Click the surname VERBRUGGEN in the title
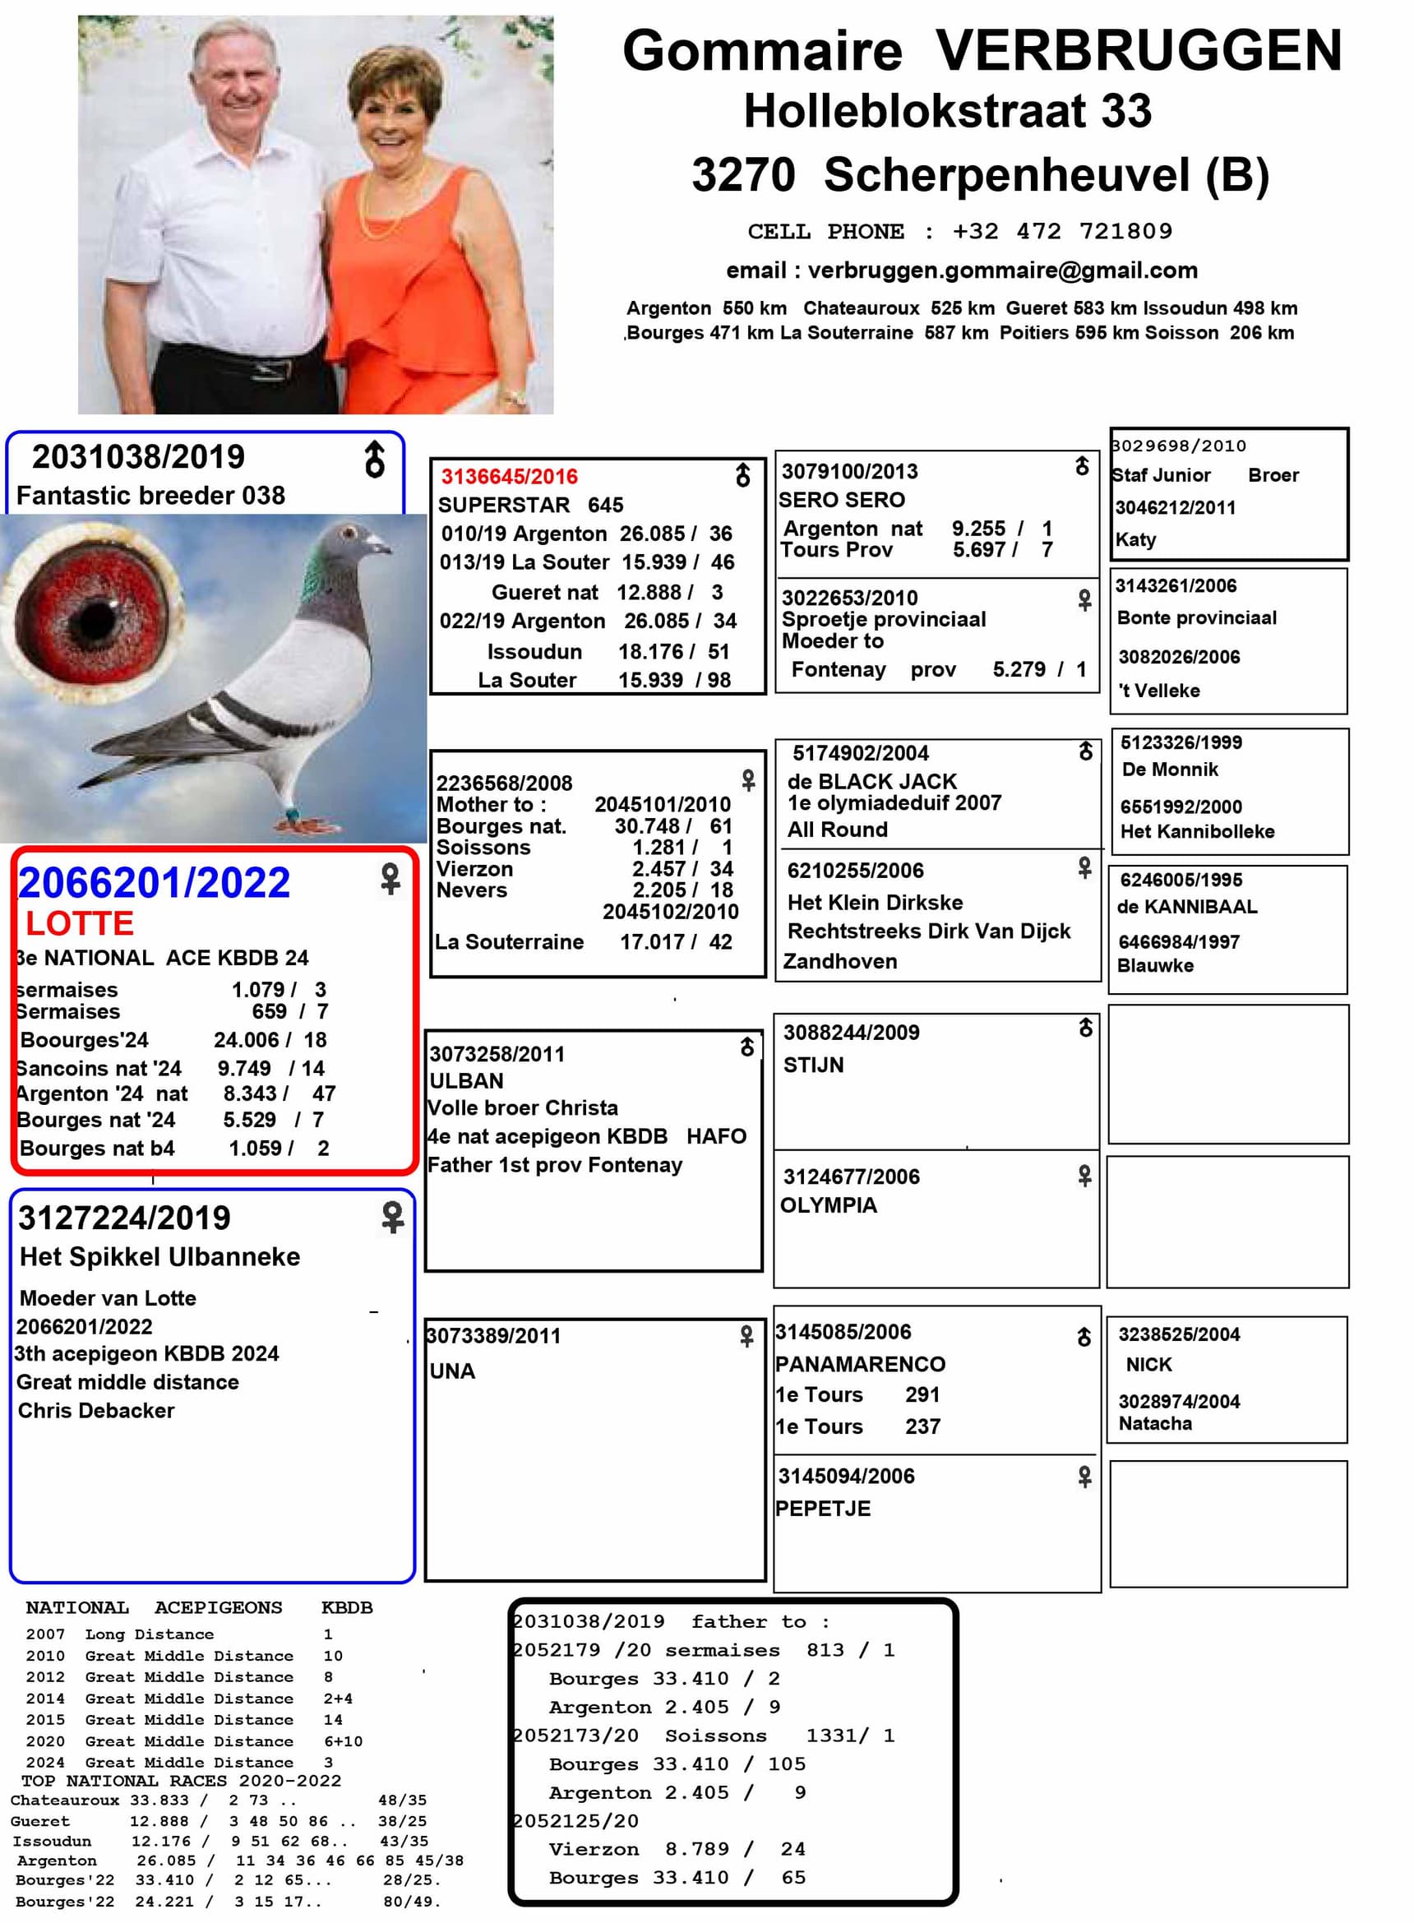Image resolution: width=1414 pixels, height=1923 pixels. (x=1138, y=51)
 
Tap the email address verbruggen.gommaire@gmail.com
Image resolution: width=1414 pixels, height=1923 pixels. (x=1002, y=270)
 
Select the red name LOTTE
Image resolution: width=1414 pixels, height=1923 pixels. (x=80, y=923)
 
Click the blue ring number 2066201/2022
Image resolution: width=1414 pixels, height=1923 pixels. (x=154, y=883)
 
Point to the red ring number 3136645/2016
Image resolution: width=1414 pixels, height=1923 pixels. (x=509, y=477)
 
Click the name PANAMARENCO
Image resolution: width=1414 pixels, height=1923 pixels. (x=860, y=1364)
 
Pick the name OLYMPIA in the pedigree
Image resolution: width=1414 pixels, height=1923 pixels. (x=829, y=1205)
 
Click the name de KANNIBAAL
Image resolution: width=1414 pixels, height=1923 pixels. (x=1187, y=907)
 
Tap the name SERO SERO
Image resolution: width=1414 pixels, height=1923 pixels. (x=841, y=500)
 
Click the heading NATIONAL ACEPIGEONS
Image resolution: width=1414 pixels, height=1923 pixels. (x=154, y=1607)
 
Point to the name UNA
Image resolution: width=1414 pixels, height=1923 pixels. (x=452, y=1371)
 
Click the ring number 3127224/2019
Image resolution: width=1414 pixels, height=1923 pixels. (x=124, y=1218)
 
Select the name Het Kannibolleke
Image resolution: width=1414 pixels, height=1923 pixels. (x=1198, y=831)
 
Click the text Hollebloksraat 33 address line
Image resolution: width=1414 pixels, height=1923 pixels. (x=948, y=111)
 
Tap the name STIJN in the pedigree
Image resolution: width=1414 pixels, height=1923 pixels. (x=813, y=1065)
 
